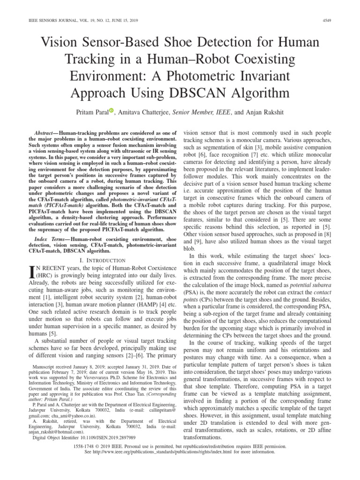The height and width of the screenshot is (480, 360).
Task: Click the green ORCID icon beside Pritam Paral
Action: click(x=112, y=111)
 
